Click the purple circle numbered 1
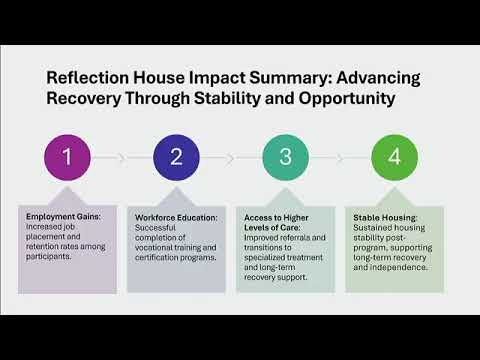[67, 157]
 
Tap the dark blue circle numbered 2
[176, 157]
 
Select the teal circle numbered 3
[286, 157]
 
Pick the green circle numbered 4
[395, 157]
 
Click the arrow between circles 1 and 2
[109, 157]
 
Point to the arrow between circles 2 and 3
[218, 157]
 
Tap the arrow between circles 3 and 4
[327, 157]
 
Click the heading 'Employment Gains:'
[63, 217]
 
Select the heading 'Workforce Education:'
[176, 218]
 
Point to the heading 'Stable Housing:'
[385, 218]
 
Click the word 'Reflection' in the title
[88, 78]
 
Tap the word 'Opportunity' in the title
[347, 99]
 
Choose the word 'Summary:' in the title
[290, 79]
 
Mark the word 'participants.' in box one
[49, 257]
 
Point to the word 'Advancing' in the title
[378, 79]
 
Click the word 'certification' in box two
[155, 258]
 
